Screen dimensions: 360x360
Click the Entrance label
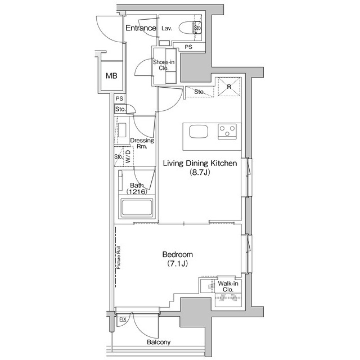coord(141,28)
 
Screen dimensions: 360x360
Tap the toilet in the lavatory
coord(190,28)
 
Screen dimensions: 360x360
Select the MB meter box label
coord(111,75)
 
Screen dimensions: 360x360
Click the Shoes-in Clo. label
coord(164,65)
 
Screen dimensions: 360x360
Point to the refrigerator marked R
coord(229,87)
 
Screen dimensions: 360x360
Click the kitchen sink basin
coord(199,132)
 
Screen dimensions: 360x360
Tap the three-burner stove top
coord(227,131)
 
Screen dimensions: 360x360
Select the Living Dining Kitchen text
coord(200,164)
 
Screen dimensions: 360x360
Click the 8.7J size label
coord(200,172)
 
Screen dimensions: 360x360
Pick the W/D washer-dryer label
coord(128,156)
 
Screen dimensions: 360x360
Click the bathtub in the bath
coord(137,208)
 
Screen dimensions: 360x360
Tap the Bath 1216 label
coord(137,188)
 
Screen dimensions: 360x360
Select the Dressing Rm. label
coord(142,143)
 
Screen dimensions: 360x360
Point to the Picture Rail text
coord(119,258)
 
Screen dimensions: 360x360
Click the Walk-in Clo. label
coord(228,286)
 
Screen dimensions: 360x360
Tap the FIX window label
coord(123,319)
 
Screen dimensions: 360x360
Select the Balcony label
coord(159,342)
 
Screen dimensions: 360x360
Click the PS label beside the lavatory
coord(188,47)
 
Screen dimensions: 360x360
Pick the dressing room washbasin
coord(122,130)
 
